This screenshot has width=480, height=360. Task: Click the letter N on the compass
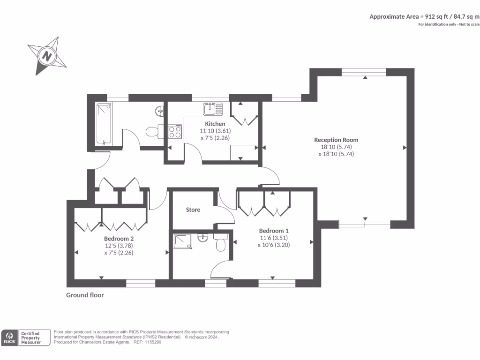46,56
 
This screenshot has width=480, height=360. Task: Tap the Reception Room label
336,140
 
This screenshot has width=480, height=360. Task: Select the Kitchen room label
215,124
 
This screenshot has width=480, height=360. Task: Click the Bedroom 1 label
274,231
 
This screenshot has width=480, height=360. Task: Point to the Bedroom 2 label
119,239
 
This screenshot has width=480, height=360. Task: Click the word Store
193,210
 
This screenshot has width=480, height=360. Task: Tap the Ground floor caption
85,295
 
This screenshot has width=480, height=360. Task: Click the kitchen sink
213,109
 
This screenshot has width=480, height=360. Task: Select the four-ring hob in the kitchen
175,131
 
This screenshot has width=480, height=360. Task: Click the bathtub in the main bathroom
104,124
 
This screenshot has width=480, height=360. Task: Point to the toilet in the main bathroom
154,131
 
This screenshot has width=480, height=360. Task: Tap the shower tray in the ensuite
183,241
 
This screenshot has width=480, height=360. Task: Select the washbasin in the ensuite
202,237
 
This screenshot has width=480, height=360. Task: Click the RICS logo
9,337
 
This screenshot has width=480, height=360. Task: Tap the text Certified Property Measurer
30,337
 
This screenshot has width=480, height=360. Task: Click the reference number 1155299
153,342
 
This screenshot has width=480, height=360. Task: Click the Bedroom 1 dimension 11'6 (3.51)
274,238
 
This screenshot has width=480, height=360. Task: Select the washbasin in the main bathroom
159,111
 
